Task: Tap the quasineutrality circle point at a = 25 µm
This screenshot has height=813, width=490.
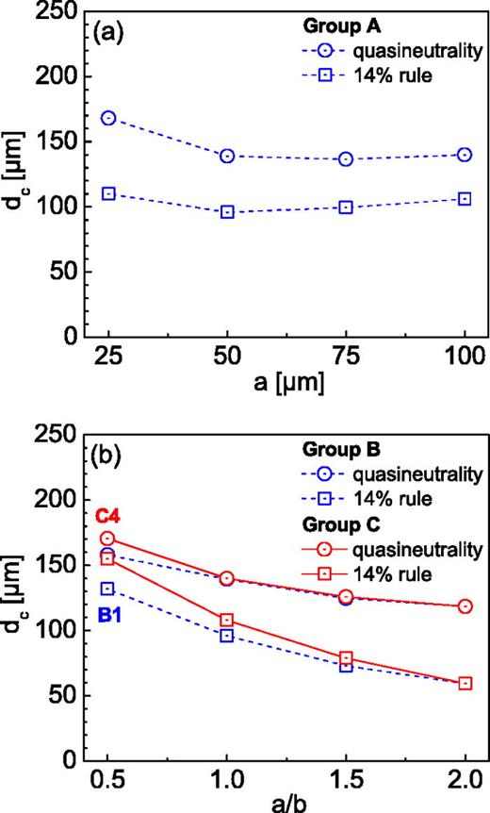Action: click(108, 118)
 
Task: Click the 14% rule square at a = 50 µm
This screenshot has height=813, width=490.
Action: click(227, 212)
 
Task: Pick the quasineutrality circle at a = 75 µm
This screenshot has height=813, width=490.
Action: click(346, 158)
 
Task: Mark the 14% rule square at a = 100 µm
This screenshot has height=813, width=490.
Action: click(465, 199)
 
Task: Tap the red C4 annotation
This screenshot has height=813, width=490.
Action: click(107, 516)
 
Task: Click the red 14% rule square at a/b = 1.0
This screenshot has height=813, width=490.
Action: click(227, 620)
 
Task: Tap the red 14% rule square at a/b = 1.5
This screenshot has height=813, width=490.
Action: click(346, 658)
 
